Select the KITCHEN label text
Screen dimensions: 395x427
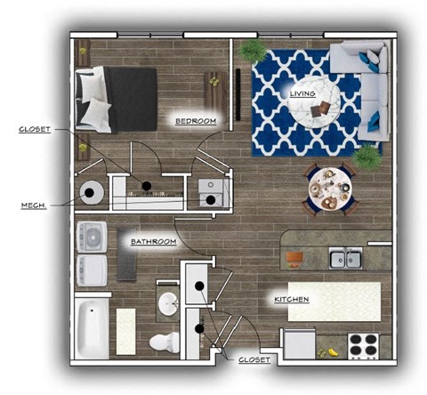pyautogui.click(x=291, y=299)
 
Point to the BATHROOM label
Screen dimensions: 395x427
pyautogui.click(x=153, y=241)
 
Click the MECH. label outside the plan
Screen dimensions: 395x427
pyautogui.click(x=33, y=205)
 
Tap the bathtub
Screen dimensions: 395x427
pyautogui.click(x=91, y=327)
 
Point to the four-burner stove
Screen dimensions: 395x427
pyautogui.click(x=362, y=344)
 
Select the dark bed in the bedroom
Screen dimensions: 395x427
pyautogui.click(x=118, y=99)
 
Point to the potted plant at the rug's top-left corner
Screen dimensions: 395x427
pyautogui.click(x=253, y=50)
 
